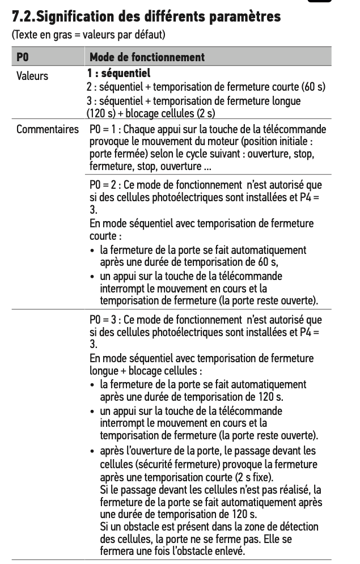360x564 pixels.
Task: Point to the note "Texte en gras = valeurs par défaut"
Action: click(x=88, y=35)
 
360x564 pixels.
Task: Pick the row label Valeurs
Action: click(x=32, y=75)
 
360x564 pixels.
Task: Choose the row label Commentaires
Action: click(x=47, y=130)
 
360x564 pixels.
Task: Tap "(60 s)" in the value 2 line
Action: click(x=314, y=87)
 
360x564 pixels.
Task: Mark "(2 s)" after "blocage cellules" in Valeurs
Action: click(x=206, y=113)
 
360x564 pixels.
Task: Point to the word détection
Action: click(x=299, y=528)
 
